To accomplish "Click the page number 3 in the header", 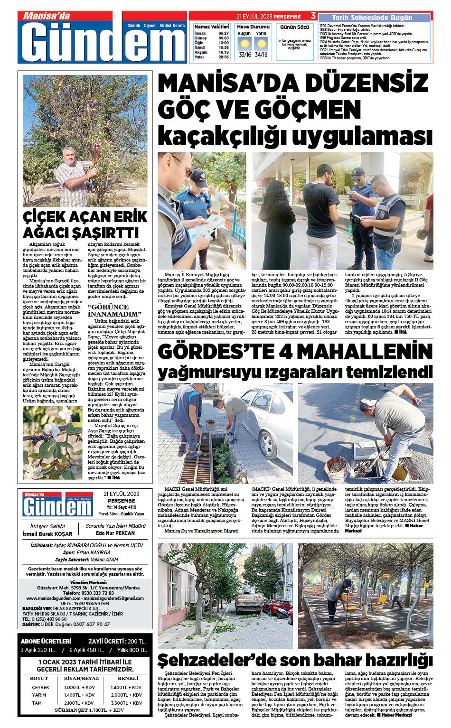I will tap(313, 17).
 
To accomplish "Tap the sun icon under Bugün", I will tap(244, 44).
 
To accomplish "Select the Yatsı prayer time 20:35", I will tap(224, 57).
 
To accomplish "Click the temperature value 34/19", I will tap(261, 55).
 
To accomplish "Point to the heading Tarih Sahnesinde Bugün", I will tap(372, 18).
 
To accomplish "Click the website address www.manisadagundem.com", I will tap(51, 598).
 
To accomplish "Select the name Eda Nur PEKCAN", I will tap(115, 533).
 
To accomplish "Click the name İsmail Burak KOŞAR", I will tap(47, 533).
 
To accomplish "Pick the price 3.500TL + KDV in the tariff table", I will tap(126, 703).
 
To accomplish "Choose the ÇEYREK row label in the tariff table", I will tap(41, 687).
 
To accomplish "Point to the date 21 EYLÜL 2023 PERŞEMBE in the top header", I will tap(269, 17).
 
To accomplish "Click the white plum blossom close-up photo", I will tap(52, 443).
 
